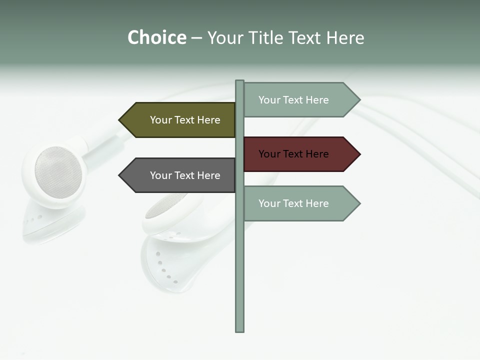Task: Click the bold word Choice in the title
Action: pos(156,37)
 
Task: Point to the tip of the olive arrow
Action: pos(120,120)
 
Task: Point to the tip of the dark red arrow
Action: pos(359,154)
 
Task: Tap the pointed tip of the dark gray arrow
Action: pos(120,175)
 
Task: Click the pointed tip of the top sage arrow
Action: pos(359,99)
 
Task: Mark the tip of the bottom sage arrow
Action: pos(359,203)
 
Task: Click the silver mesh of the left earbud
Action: pos(58,172)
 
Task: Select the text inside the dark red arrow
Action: pos(293,154)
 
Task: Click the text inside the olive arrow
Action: pos(185,120)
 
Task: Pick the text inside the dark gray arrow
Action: pos(185,175)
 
